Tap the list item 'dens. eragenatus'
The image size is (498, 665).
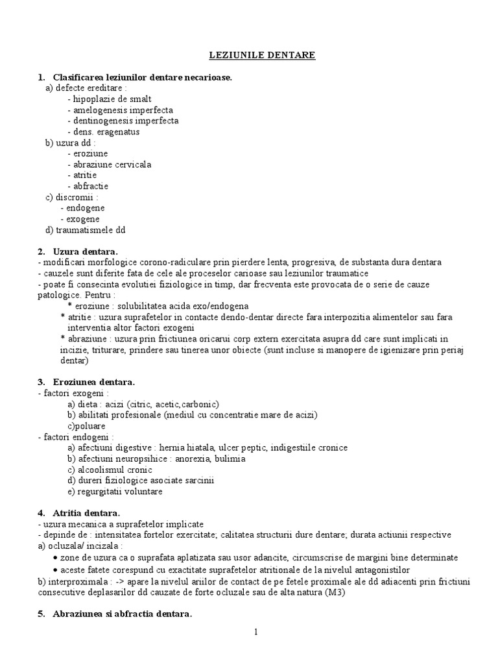coord(106,132)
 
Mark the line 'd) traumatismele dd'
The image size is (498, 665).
coord(85,230)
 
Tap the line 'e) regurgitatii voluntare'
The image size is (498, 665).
coord(115,492)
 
